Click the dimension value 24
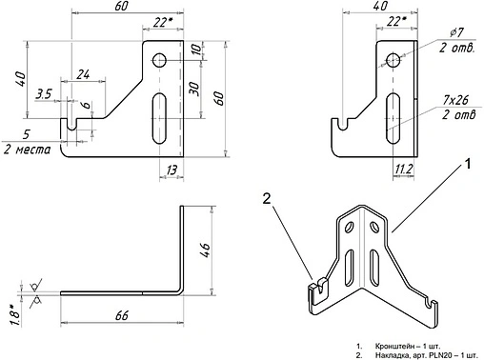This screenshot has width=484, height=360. click(x=84, y=74)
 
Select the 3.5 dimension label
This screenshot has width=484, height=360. click(x=44, y=94)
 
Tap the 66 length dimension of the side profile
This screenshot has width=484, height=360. click(x=122, y=315)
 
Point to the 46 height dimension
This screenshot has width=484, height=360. click(x=205, y=250)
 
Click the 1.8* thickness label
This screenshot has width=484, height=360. click(x=16, y=315)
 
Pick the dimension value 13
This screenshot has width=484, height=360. click(x=171, y=170)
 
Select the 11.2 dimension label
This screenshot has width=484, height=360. click(x=403, y=170)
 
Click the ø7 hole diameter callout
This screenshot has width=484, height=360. click(x=456, y=32)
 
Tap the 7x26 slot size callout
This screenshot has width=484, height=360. click(x=455, y=100)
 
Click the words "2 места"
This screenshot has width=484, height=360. click(x=27, y=150)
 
